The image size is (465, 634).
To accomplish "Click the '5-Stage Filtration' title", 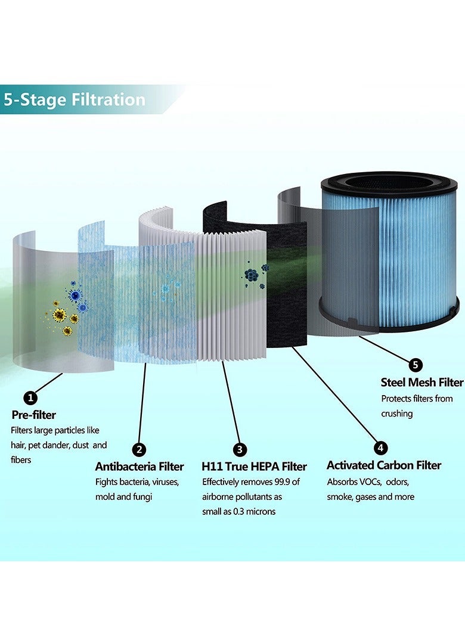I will click(75, 99).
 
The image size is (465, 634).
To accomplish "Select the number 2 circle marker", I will click(138, 449).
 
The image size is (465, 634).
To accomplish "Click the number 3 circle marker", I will click(240, 449).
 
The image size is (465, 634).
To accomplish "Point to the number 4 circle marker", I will click(380, 447).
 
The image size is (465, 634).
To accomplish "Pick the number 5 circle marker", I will click(416, 365).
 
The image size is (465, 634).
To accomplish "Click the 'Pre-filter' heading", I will click(33, 415).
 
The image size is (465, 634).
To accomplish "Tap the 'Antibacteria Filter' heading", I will click(139, 467).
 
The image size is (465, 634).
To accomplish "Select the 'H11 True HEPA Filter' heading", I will click(255, 467).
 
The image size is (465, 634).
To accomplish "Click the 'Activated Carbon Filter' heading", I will click(384, 465).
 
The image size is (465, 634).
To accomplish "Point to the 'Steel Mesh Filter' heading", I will click(422, 382).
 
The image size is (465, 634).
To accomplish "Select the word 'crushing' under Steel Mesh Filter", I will click(397, 414).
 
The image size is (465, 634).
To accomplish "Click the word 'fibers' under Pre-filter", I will click(21, 460).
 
